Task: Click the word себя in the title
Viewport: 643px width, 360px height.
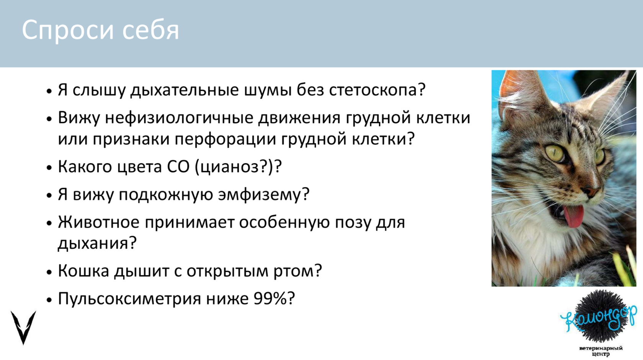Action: tap(151, 29)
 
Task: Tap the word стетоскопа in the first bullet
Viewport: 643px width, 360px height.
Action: tap(377, 90)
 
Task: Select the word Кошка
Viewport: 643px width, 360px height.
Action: tap(83, 271)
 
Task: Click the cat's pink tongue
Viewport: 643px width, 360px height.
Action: tap(573, 216)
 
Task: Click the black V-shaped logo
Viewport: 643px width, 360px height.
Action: tap(23, 327)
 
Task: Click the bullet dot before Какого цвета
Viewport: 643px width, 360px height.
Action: tap(49, 167)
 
